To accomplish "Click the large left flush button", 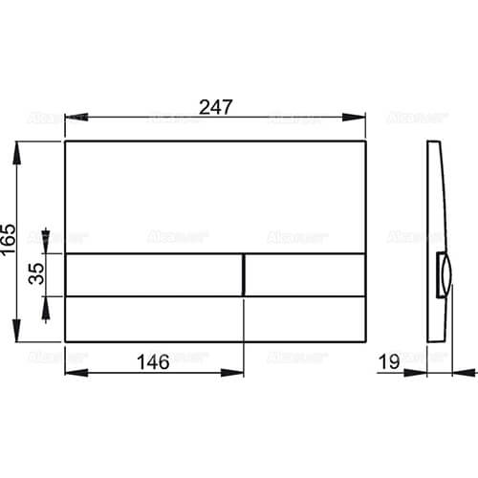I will [153, 274].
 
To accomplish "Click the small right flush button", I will [305, 274].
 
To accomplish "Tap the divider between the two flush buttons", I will [245, 274].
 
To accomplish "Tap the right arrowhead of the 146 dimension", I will [240, 374].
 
